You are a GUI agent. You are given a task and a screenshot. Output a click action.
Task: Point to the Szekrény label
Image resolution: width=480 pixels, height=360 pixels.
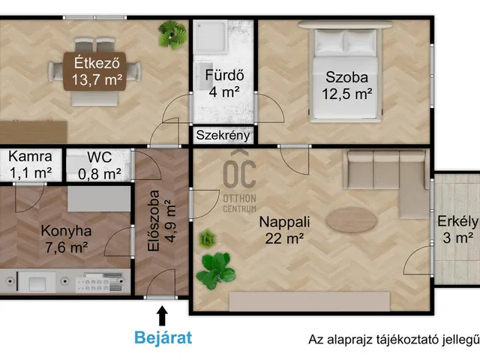pos(223,136)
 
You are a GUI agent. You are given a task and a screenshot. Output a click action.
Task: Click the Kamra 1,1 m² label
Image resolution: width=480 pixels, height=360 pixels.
pos(30,165)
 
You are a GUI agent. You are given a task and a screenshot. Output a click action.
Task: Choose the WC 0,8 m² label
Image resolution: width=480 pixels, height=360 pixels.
pos(100,166)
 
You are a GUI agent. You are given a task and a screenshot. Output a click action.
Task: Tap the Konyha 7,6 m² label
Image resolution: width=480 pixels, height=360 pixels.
pos(67,239)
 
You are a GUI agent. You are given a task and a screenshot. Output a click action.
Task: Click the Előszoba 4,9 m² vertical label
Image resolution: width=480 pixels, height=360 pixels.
pos(162,222)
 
